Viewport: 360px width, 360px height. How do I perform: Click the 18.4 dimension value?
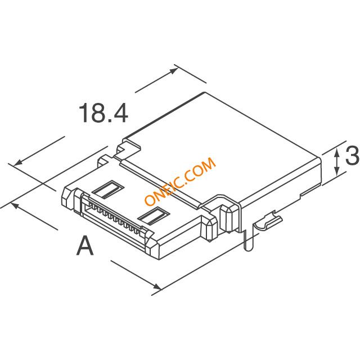(103, 113)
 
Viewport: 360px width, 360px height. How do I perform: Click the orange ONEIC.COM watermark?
(180, 181)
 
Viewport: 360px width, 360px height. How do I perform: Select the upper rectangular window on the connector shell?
(108, 189)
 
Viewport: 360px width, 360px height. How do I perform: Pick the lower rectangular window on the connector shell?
(154, 215)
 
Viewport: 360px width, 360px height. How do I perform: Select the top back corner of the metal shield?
(205, 92)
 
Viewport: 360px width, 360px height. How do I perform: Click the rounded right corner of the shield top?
(319, 158)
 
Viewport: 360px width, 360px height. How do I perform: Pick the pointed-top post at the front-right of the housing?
(228, 217)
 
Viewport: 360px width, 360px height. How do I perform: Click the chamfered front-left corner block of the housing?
(67, 197)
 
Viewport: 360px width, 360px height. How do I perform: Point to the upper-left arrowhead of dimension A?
(15, 205)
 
